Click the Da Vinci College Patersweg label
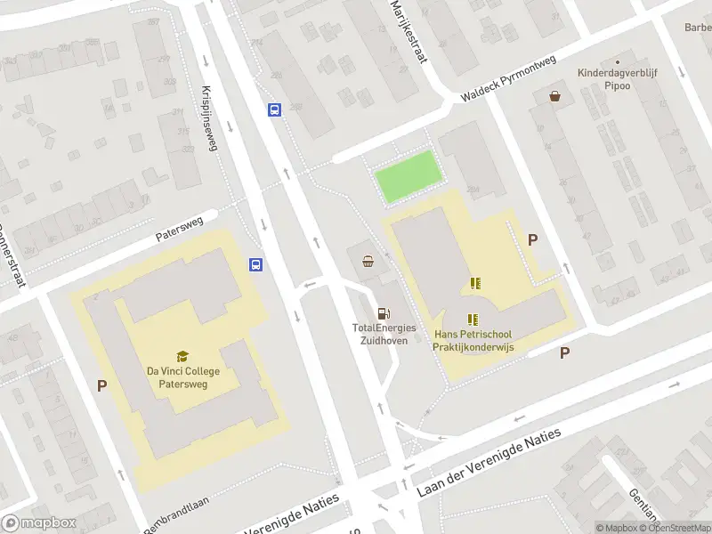click(x=183, y=378)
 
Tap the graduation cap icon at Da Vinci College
click(x=183, y=356)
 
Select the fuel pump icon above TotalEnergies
click(x=384, y=312)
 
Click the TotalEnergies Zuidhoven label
click(x=384, y=334)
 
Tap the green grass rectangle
click(x=408, y=176)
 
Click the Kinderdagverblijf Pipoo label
click(x=617, y=79)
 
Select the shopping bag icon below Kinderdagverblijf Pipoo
click(x=556, y=96)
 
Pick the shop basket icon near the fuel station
click(x=368, y=261)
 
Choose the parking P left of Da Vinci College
click(x=102, y=385)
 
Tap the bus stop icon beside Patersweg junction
click(x=255, y=264)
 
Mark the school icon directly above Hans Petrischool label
click(x=473, y=320)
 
